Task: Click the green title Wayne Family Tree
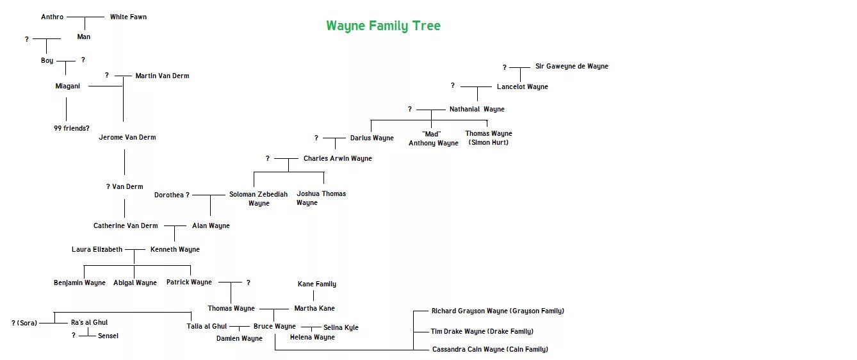383,26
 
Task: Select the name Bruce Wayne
274,327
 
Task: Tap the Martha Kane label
314,309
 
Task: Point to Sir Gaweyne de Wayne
571,67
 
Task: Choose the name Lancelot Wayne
522,87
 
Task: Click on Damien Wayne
239,339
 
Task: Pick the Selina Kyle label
341,328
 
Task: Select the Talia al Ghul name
208,327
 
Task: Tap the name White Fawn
128,17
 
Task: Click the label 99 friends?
71,129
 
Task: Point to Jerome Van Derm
127,138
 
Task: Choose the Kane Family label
316,284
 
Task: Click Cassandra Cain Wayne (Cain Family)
490,350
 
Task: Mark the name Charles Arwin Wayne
338,159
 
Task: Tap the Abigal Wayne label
135,283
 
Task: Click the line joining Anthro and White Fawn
85,17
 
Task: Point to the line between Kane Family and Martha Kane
314,296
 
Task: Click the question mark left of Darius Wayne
316,138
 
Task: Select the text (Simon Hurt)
488,143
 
